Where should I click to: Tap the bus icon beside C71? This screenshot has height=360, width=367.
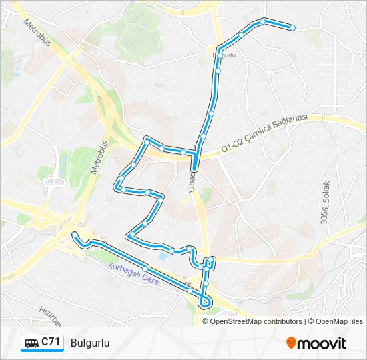tap(31, 343)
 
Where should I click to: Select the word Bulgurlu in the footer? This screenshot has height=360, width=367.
tap(89, 343)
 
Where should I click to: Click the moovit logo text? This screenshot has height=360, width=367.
tap(322, 343)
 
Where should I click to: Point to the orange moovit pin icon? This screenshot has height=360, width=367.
tap(291, 343)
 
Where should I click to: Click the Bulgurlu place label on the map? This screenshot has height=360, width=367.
tap(224, 55)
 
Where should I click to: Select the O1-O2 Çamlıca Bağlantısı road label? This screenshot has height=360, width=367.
tap(264, 131)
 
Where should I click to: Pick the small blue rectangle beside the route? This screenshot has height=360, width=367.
tap(164, 255)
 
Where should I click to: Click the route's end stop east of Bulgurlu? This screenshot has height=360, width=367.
tap(292, 27)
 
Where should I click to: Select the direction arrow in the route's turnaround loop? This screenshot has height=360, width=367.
tap(204, 303)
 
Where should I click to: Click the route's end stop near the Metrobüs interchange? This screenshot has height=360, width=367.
tap(74, 235)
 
